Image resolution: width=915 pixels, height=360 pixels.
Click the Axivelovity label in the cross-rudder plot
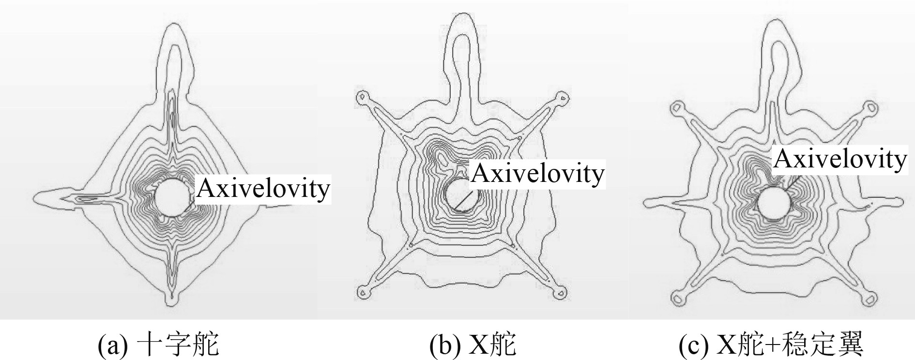point(263,189)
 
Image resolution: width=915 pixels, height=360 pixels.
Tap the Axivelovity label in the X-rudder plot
point(537,173)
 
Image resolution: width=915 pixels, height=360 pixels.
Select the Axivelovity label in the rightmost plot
point(839,159)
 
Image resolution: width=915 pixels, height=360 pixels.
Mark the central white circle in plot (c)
point(773,202)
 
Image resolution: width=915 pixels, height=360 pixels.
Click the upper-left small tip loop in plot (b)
point(361,97)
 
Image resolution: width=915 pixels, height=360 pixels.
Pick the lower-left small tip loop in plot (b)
point(361,292)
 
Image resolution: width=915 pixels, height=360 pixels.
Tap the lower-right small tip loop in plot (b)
point(562,292)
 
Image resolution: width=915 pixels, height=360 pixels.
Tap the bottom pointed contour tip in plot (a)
point(170,302)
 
